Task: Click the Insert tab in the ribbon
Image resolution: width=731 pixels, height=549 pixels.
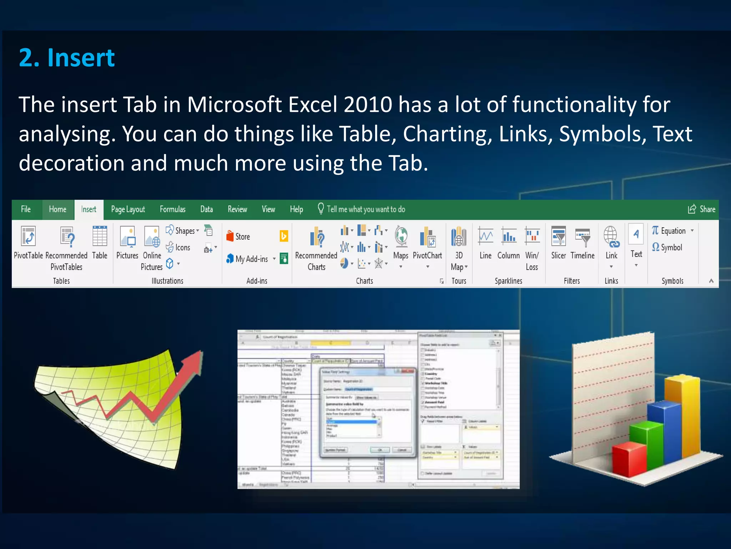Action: [89, 209]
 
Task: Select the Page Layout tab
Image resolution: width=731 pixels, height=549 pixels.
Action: [128, 209]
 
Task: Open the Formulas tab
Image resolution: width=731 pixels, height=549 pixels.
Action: [172, 209]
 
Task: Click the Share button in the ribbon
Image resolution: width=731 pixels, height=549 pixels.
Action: [702, 209]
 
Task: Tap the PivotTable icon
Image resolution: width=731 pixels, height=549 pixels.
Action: [28, 237]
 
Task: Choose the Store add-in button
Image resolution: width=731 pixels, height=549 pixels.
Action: [238, 236]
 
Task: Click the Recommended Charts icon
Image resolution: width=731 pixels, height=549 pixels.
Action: [316, 237]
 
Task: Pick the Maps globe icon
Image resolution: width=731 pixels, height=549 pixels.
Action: [401, 237]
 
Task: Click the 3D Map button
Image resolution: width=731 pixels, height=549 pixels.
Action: [459, 237]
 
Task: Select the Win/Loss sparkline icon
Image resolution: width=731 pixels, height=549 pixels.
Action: [532, 237]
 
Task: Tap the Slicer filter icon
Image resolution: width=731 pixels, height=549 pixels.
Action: [558, 237]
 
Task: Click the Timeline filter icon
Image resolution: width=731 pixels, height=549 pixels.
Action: [583, 237]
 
